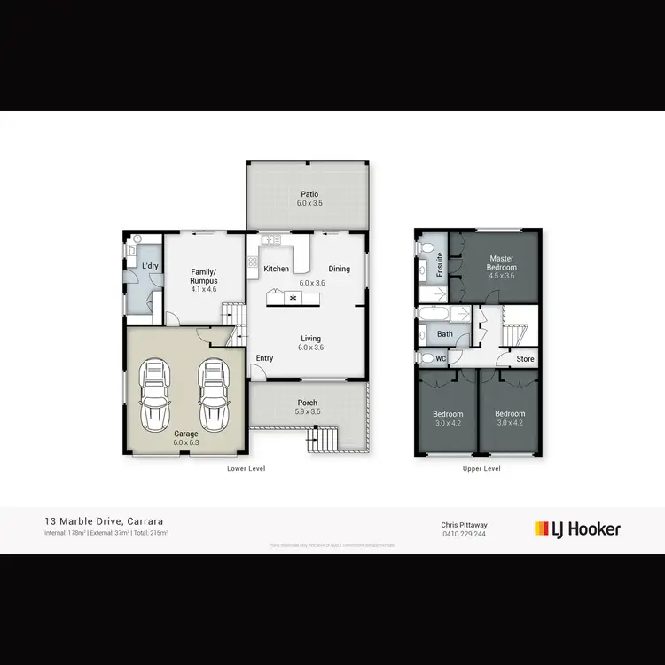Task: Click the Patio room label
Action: [x=309, y=194]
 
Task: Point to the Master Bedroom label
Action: [x=502, y=262]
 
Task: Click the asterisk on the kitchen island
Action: [x=293, y=298]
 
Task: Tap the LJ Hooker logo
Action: [x=577, y=529]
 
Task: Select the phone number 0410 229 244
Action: [x=463, y=534]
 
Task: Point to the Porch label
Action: [x=308, y=403]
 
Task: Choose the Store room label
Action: [x=526, y=359]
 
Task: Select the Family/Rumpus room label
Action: [x=204, y=277]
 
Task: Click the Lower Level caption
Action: [x=246, y=468]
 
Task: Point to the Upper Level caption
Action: [x=481, y=468]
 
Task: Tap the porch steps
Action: [x=324, y=439]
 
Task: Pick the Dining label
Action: [x=339, y=269]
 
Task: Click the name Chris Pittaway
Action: [x=464, y=524]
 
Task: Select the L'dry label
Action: [x=150, y=265]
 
